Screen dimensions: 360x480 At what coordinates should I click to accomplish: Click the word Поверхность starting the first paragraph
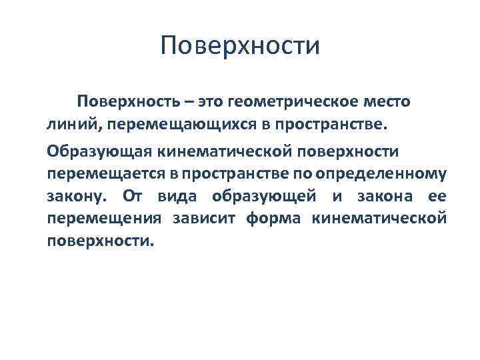point(127,102)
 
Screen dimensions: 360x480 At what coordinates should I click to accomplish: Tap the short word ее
point(435,197)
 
